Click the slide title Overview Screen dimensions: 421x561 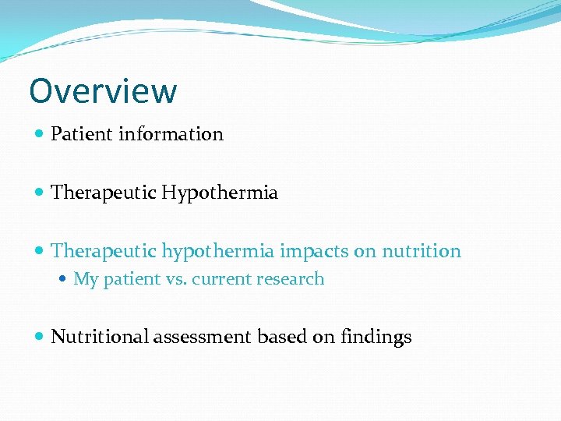(103, 91)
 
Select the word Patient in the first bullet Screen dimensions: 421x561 (82, 134)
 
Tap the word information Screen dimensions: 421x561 (171, 134)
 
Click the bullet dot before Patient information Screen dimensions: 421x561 (40, 134)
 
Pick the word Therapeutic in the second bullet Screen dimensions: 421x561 (104, 193)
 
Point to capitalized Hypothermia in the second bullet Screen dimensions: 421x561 (220, 193)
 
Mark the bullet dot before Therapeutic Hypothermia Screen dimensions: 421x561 (40, 193)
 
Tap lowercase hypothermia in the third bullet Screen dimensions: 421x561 (218, 252)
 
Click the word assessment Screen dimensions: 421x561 (203, 338)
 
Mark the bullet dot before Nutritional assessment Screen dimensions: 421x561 (40, 337)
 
